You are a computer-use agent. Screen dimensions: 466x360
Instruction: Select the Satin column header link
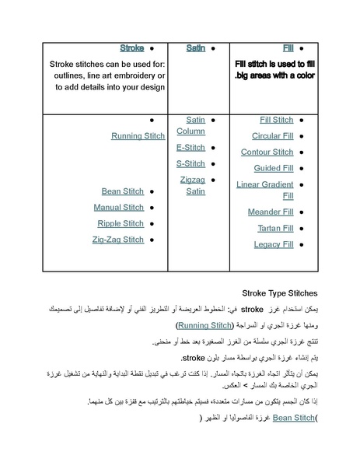pos(195,48)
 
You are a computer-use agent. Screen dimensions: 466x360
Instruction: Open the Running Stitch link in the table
pos(138,136)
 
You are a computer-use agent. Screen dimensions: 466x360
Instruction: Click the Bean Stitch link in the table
pos(122,191)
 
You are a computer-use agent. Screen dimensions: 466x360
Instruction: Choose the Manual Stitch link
pos(118,208)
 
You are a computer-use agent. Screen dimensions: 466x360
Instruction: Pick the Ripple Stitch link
pos(121,224)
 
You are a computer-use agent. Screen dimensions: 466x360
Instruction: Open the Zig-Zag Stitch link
pos(117,240)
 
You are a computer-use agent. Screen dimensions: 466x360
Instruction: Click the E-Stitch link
pos(190,147)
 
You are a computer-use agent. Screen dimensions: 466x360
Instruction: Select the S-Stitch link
pos(190,163)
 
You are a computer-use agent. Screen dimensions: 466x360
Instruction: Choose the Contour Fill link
pos(267,152)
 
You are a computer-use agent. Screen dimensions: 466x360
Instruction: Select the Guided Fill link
pos(273,168)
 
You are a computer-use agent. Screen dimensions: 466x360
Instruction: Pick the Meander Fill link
pos(270,212)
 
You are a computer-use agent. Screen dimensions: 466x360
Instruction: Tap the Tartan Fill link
pos(275,228)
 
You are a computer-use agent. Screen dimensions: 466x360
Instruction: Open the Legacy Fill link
pos(273,244)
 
